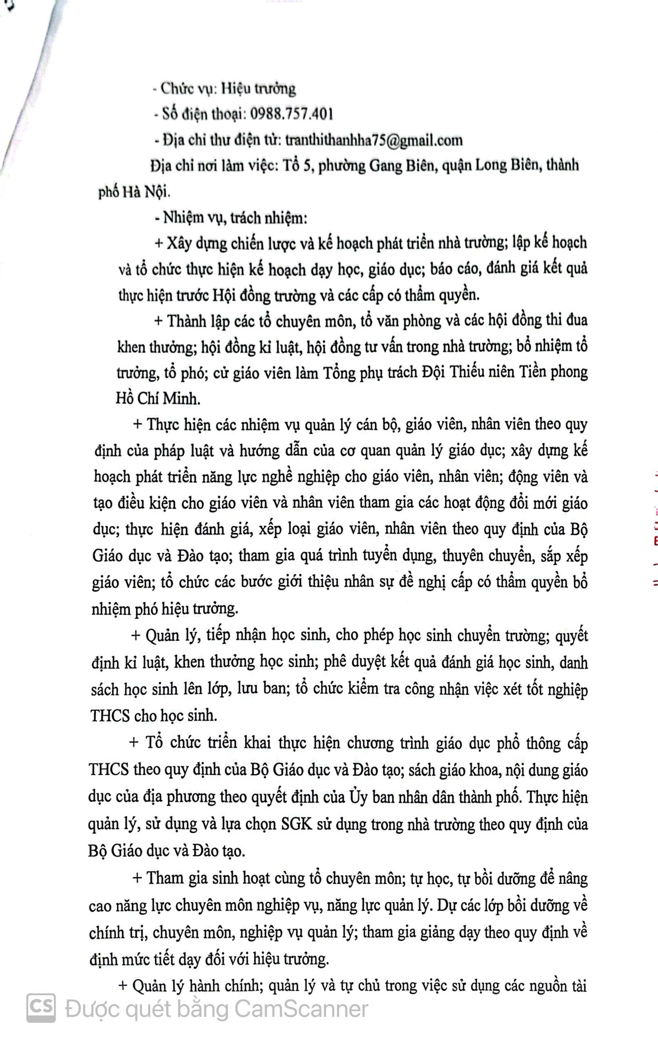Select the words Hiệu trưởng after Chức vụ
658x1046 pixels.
(258, 89)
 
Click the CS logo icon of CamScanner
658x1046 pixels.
(41, 1008)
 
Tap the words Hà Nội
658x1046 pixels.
(146, 192)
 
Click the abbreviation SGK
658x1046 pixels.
(296, 824)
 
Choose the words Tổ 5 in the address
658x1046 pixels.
(297, 166)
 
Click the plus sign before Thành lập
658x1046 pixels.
(158, 322)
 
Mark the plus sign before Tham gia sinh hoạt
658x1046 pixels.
(137, 878)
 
